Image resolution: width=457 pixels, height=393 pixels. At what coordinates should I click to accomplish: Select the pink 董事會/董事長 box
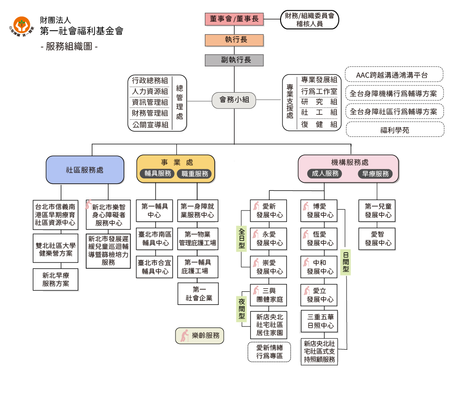click(x=234, y=19)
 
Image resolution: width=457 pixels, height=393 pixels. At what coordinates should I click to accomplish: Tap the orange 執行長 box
click(x=234, y=40)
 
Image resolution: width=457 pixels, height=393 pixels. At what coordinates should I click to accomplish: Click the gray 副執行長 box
click(x=234, y=60)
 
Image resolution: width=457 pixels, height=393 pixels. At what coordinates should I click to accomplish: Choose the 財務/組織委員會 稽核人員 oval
click(x=309, y=20)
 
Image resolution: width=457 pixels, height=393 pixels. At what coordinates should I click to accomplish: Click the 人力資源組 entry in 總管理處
click(x=150, y=92)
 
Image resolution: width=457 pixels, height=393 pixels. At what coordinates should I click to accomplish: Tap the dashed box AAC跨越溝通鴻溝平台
click(x=394, y=75)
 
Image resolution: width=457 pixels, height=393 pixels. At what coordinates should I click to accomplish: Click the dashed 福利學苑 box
click(x=394, y=130)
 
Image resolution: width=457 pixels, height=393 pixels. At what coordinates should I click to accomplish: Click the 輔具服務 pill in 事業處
click(x=157, y=174)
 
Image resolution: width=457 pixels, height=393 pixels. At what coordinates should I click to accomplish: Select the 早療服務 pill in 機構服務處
click(x=375, y=174)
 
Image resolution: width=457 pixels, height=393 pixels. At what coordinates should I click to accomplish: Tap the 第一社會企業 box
click(x=198, y=294)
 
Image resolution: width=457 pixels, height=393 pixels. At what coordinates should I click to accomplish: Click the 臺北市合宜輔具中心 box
click(x=154, y=267)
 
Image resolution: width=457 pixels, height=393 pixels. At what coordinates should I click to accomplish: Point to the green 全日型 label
click(x=242, y=238)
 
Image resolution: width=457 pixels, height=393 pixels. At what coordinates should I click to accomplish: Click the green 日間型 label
click(x=346, y=262)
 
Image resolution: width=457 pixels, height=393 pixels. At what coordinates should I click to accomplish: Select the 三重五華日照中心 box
click(x=319, y=322)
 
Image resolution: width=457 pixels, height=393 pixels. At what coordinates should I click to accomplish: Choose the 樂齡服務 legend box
click(x=199, y=336)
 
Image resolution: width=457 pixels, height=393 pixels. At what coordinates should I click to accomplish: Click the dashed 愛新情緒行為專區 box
click(x=269, y=352)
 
